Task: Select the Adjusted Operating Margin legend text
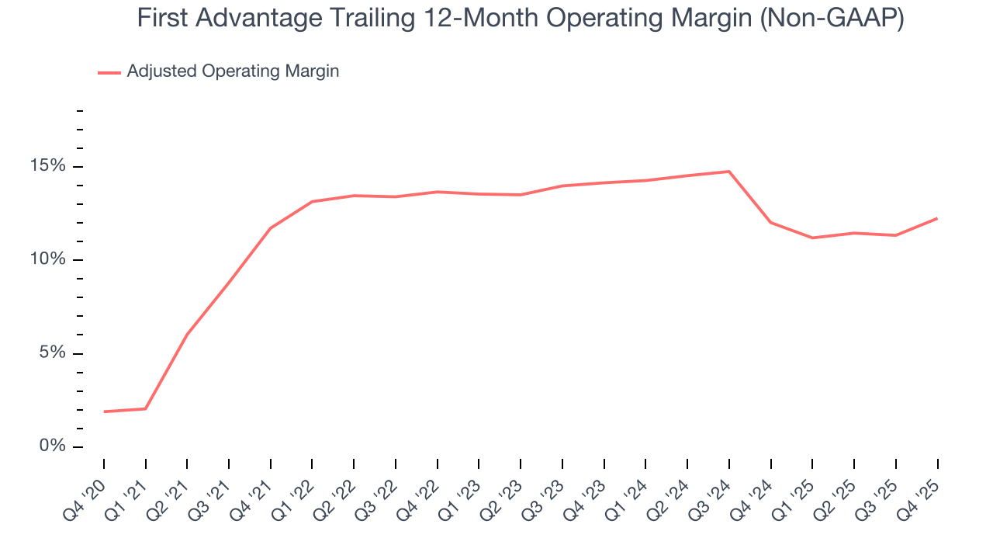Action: pos(233,71)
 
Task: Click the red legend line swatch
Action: pos(109,72)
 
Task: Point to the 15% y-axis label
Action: pos(48,167)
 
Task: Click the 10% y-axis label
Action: pos(48,260)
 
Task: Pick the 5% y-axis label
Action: pos(53,353)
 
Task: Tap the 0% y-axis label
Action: pos(53,446)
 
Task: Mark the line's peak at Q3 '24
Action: pos(729,172)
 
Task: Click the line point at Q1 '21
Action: pos(146,408)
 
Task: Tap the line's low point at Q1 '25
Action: pos(812,238)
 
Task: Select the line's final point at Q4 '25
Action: pos(937,218)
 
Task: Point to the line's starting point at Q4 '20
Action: pos(104,411)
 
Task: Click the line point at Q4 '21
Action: pos(271,227)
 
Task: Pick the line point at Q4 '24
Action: pos(771,222)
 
